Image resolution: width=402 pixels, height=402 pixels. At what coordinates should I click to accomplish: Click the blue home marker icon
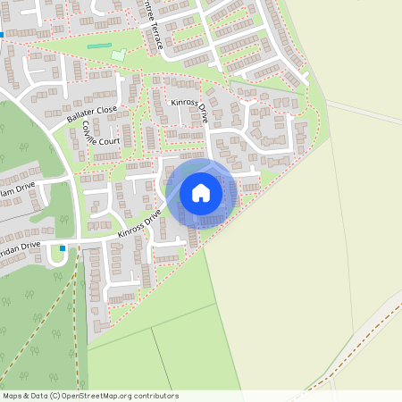201,192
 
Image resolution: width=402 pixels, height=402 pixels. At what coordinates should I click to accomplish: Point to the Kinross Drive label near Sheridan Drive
139,224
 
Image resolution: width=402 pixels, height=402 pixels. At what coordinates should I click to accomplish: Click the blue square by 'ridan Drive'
63,248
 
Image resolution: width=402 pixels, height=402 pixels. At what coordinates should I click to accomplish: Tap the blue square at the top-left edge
3,36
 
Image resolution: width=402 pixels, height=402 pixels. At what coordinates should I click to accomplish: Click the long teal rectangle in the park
100,46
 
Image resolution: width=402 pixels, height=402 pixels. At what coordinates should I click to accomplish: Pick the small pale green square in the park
119,55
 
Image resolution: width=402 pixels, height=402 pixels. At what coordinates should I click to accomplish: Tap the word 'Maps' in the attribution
13,396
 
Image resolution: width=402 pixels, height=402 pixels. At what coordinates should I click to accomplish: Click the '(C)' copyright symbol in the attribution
55,396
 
